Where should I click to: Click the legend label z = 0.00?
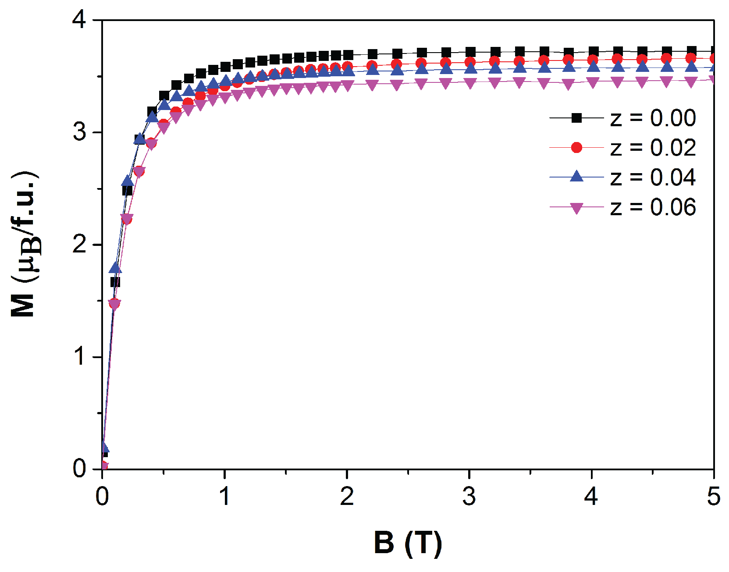(x=653, y=118)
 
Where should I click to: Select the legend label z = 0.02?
(x=653, y=148)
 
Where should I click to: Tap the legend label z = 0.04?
(x=653, y=177)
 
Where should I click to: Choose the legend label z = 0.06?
(x=653, y=207)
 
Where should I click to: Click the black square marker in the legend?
(x=576, y=118)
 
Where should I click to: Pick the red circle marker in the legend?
(x=576, y=148)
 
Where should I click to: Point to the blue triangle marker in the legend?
(x=576, y=177)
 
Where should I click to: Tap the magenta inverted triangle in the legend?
(x=576, y=208)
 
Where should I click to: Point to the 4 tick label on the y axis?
(x=80, y=20)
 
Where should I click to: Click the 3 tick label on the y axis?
(x=80, y=132)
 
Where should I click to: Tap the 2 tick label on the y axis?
(x=80, y=244)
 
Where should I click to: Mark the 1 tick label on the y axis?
(x=80, y=356)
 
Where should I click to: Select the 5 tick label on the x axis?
(x=714, y=497)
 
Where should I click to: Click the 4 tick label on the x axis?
(x=591, y=497)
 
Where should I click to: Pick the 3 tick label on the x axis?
(x=469, y=497)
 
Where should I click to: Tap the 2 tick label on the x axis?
(x=347, y=497)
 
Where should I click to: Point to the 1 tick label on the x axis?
(x=224, y=497)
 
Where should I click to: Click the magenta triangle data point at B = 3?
(x=470, y=83)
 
